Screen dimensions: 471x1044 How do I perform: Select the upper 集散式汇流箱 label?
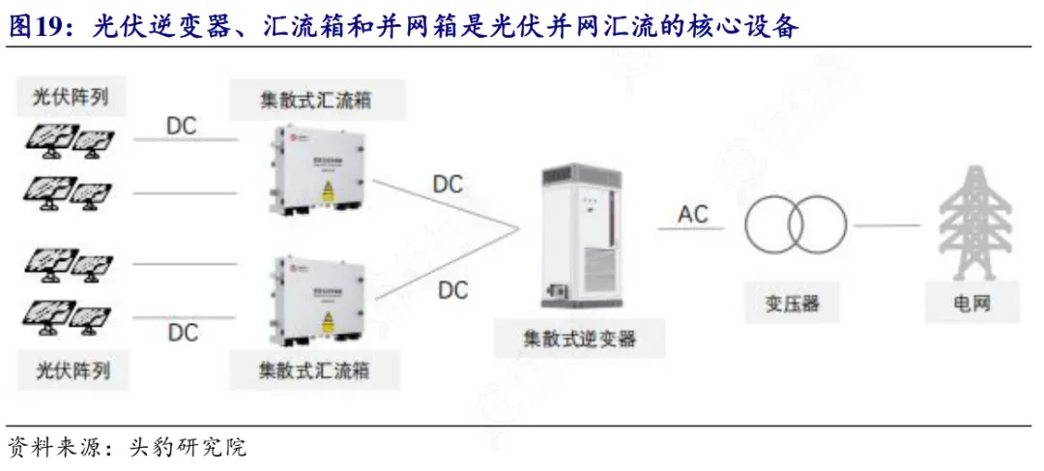point(317,100)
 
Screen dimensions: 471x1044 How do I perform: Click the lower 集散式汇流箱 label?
point(317,368)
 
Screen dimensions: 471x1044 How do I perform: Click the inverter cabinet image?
point(583,231)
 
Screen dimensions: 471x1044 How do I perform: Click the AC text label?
point(693,214)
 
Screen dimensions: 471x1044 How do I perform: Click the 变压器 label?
point(786,304)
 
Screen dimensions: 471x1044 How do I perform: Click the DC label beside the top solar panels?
point(183,126)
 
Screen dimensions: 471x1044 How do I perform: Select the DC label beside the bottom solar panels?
point(183,333)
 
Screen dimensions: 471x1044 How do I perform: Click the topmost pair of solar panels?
point(68,141)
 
